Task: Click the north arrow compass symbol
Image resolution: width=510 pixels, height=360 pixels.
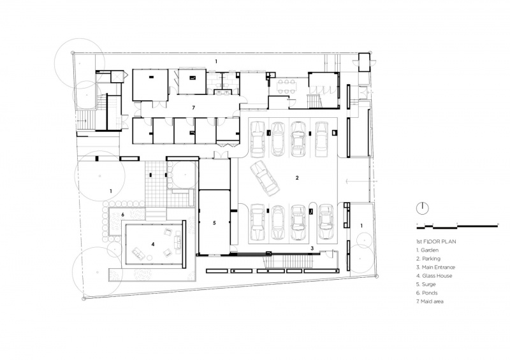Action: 423,208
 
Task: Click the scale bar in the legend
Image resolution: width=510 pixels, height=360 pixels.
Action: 457,226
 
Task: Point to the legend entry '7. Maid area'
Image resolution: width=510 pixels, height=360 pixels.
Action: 430,301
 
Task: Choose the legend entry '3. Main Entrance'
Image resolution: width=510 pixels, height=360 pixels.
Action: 436,268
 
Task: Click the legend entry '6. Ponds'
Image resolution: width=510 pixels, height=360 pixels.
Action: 427,293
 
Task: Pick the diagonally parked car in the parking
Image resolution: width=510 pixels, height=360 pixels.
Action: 265,178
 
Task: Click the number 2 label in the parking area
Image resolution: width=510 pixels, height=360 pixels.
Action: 297,178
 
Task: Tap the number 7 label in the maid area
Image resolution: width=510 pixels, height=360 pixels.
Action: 194,108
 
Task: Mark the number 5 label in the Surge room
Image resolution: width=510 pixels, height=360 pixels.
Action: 214,223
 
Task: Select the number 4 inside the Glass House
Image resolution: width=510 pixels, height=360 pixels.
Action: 152,243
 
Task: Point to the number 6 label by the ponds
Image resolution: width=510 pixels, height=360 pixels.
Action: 122,215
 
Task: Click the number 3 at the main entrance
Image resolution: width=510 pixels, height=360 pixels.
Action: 312,248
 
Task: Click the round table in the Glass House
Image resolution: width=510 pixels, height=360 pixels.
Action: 150,258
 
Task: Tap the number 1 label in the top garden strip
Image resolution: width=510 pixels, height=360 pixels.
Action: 216,61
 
